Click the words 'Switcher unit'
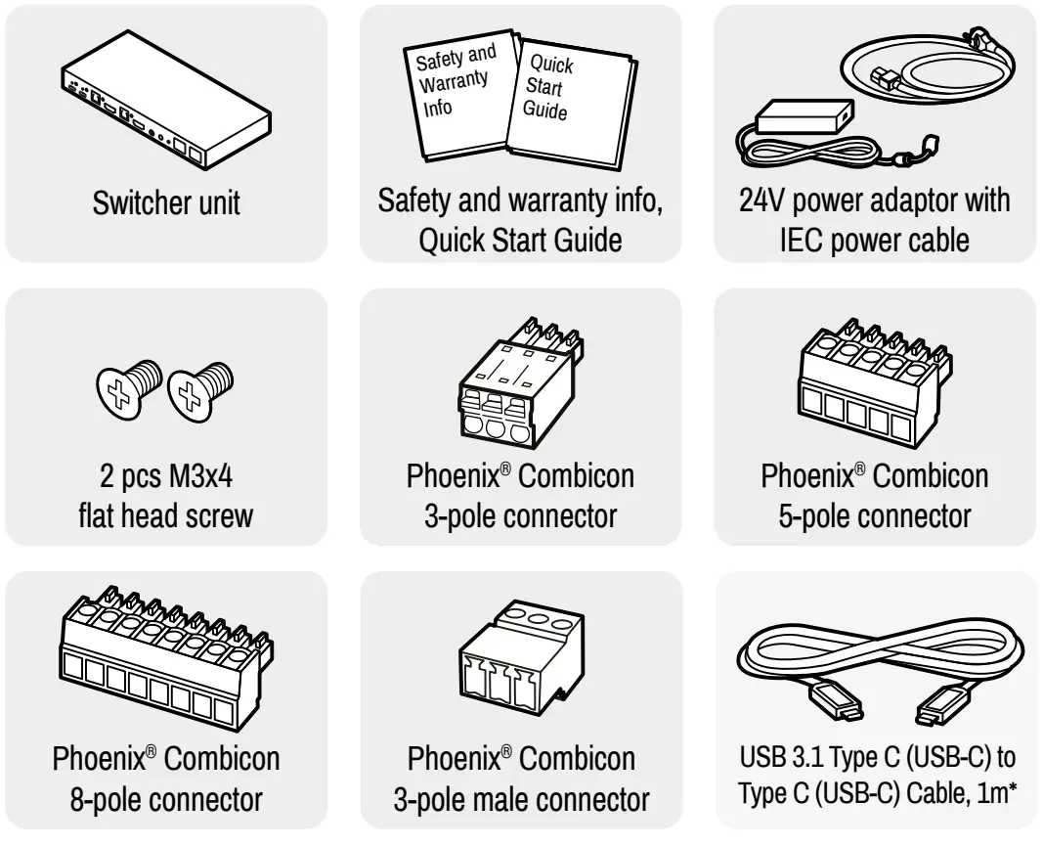166,205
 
